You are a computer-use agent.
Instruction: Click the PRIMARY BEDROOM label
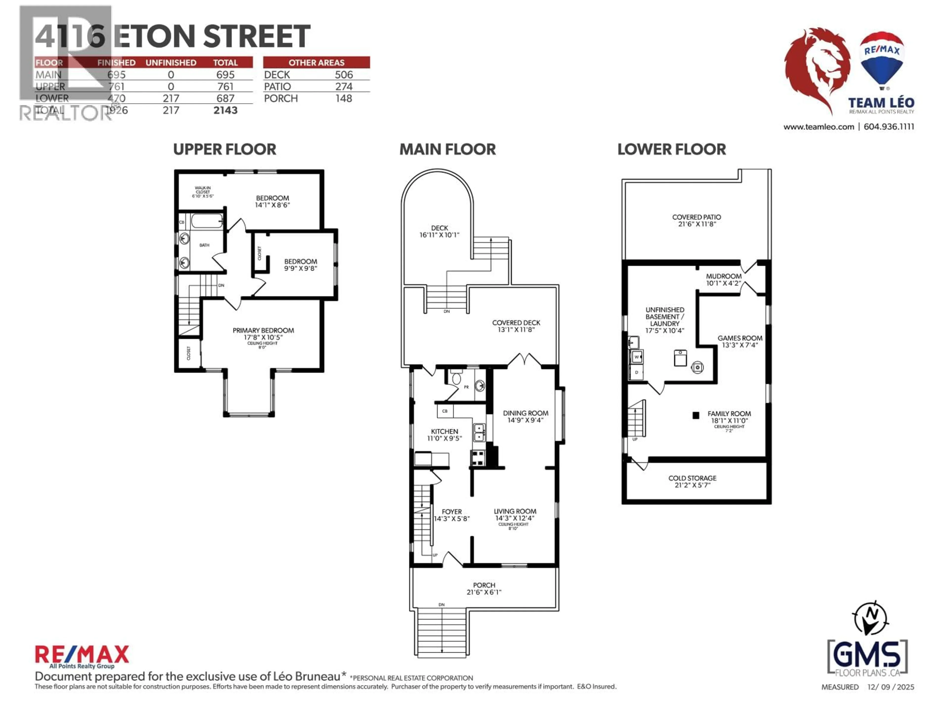point(263,331)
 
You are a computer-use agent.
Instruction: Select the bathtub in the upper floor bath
point(207,221)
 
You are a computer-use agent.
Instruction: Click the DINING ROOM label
point(525,413)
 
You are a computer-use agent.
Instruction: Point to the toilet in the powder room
point(456,378)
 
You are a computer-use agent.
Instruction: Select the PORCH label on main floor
point(484,585)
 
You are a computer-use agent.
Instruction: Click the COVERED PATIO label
point(696,217)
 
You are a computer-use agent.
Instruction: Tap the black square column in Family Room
point(696,415)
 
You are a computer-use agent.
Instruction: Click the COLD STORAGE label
point(692,478)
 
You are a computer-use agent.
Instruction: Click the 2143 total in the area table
point(225,110)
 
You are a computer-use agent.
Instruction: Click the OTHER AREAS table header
point(316,63)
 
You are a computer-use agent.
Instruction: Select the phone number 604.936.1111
point(889,127)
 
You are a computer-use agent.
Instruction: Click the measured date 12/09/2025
point(890,687)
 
